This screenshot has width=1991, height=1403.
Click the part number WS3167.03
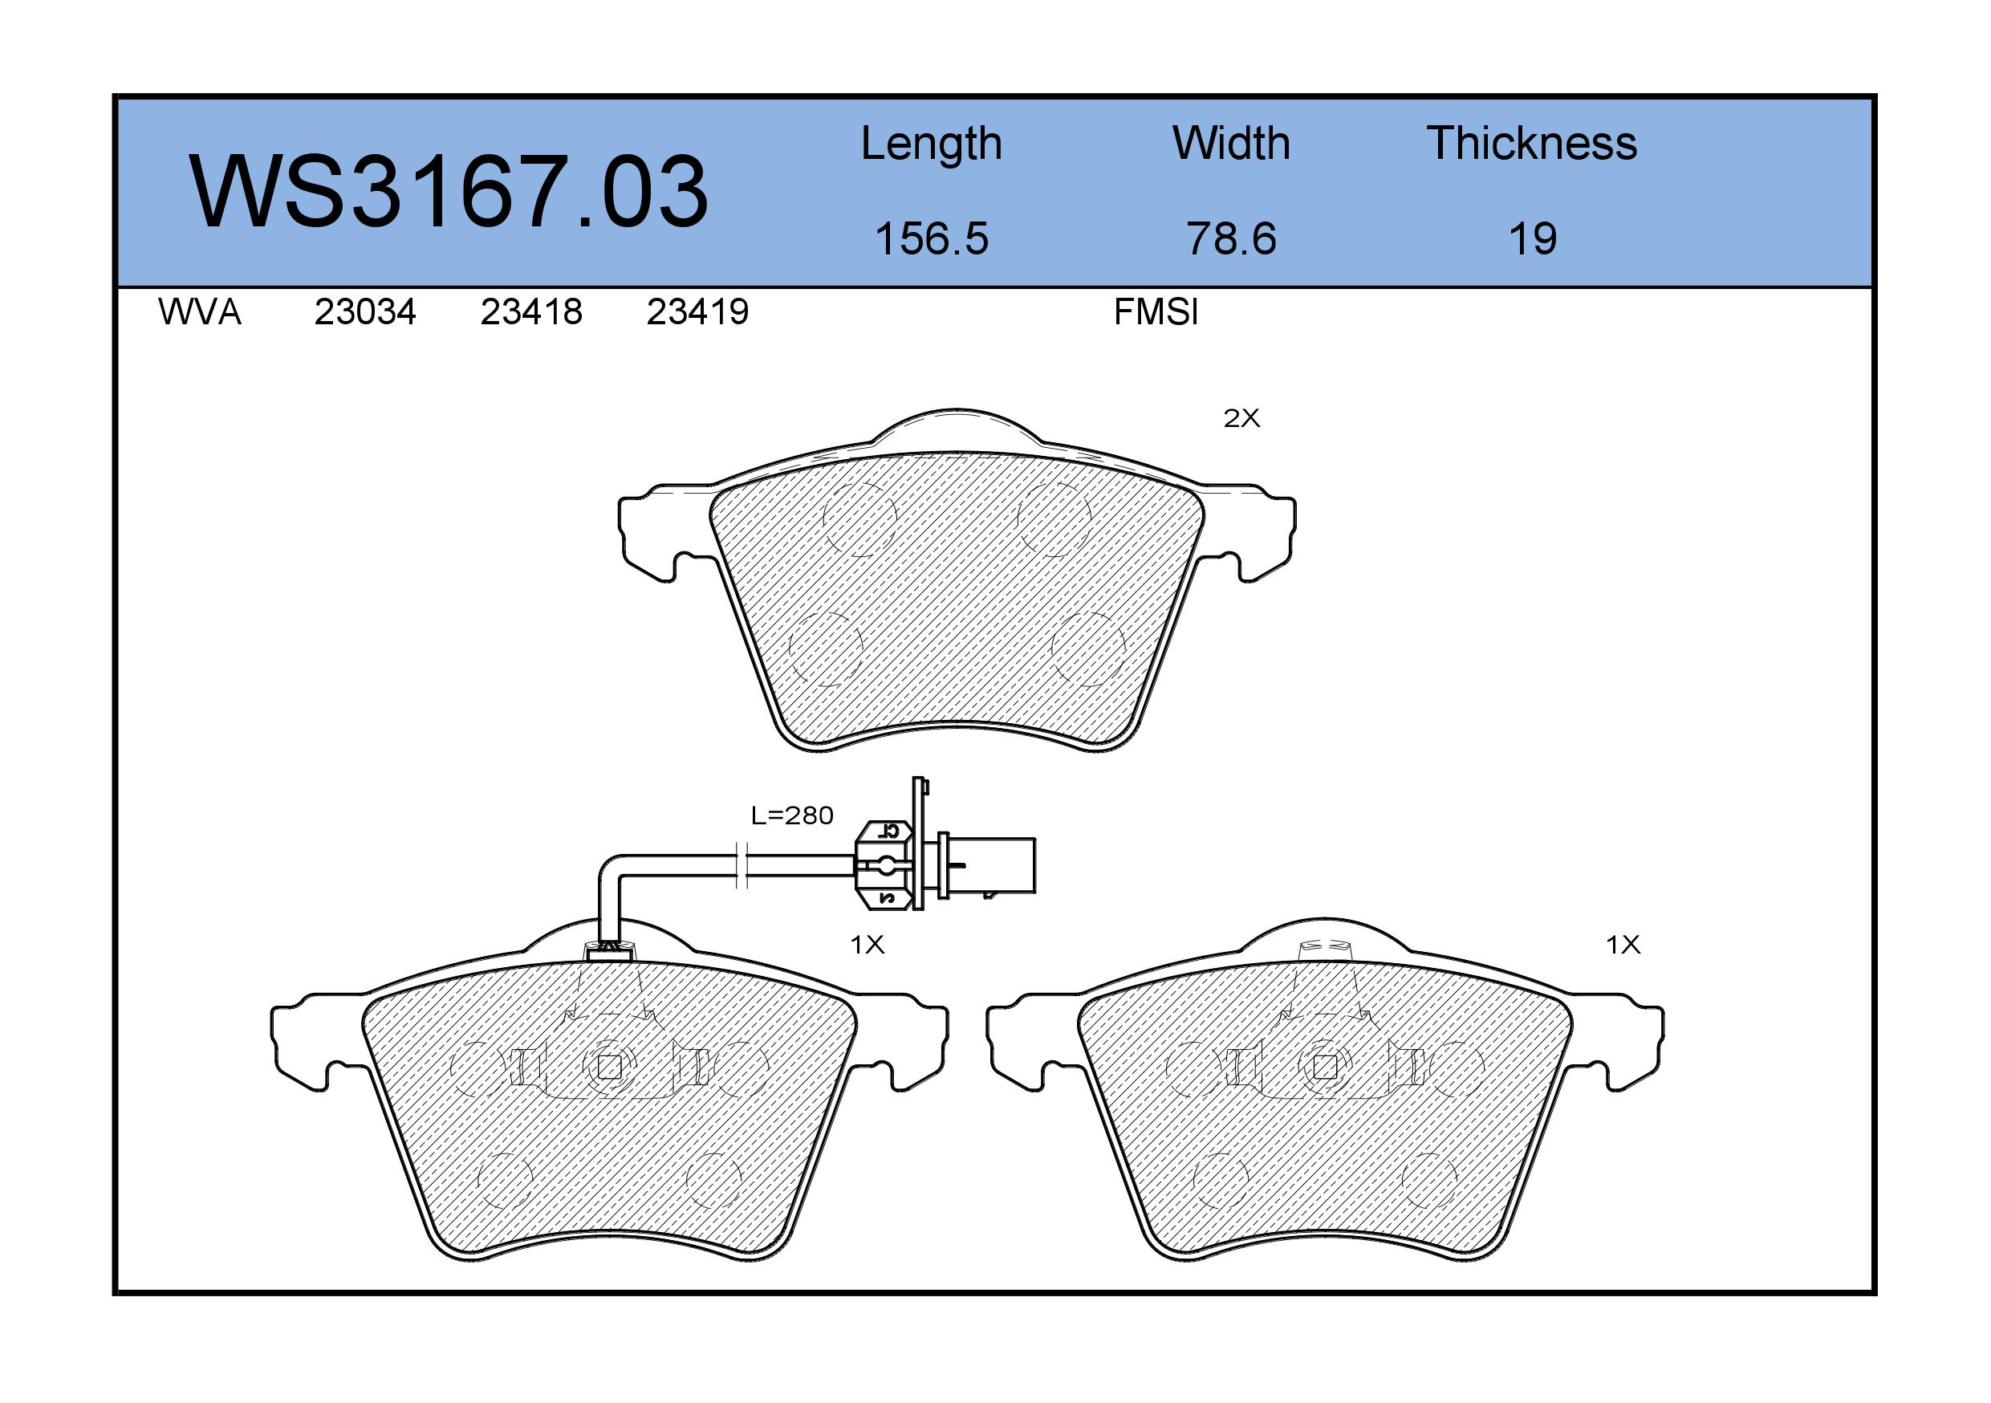click(449, 192)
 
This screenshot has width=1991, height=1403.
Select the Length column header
click(932, 144)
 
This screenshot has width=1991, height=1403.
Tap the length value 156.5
click(932, 238)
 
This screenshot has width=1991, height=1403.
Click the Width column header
click(1231, 143)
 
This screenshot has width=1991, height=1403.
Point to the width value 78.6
click(1231, 238)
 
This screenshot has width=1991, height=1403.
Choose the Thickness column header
click(1532, 143)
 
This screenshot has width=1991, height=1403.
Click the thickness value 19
click(1533, 238)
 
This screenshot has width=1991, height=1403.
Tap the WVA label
click(200, 312)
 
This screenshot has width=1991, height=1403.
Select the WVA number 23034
click(365, 312)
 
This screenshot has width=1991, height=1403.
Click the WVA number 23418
click(531, 312)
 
